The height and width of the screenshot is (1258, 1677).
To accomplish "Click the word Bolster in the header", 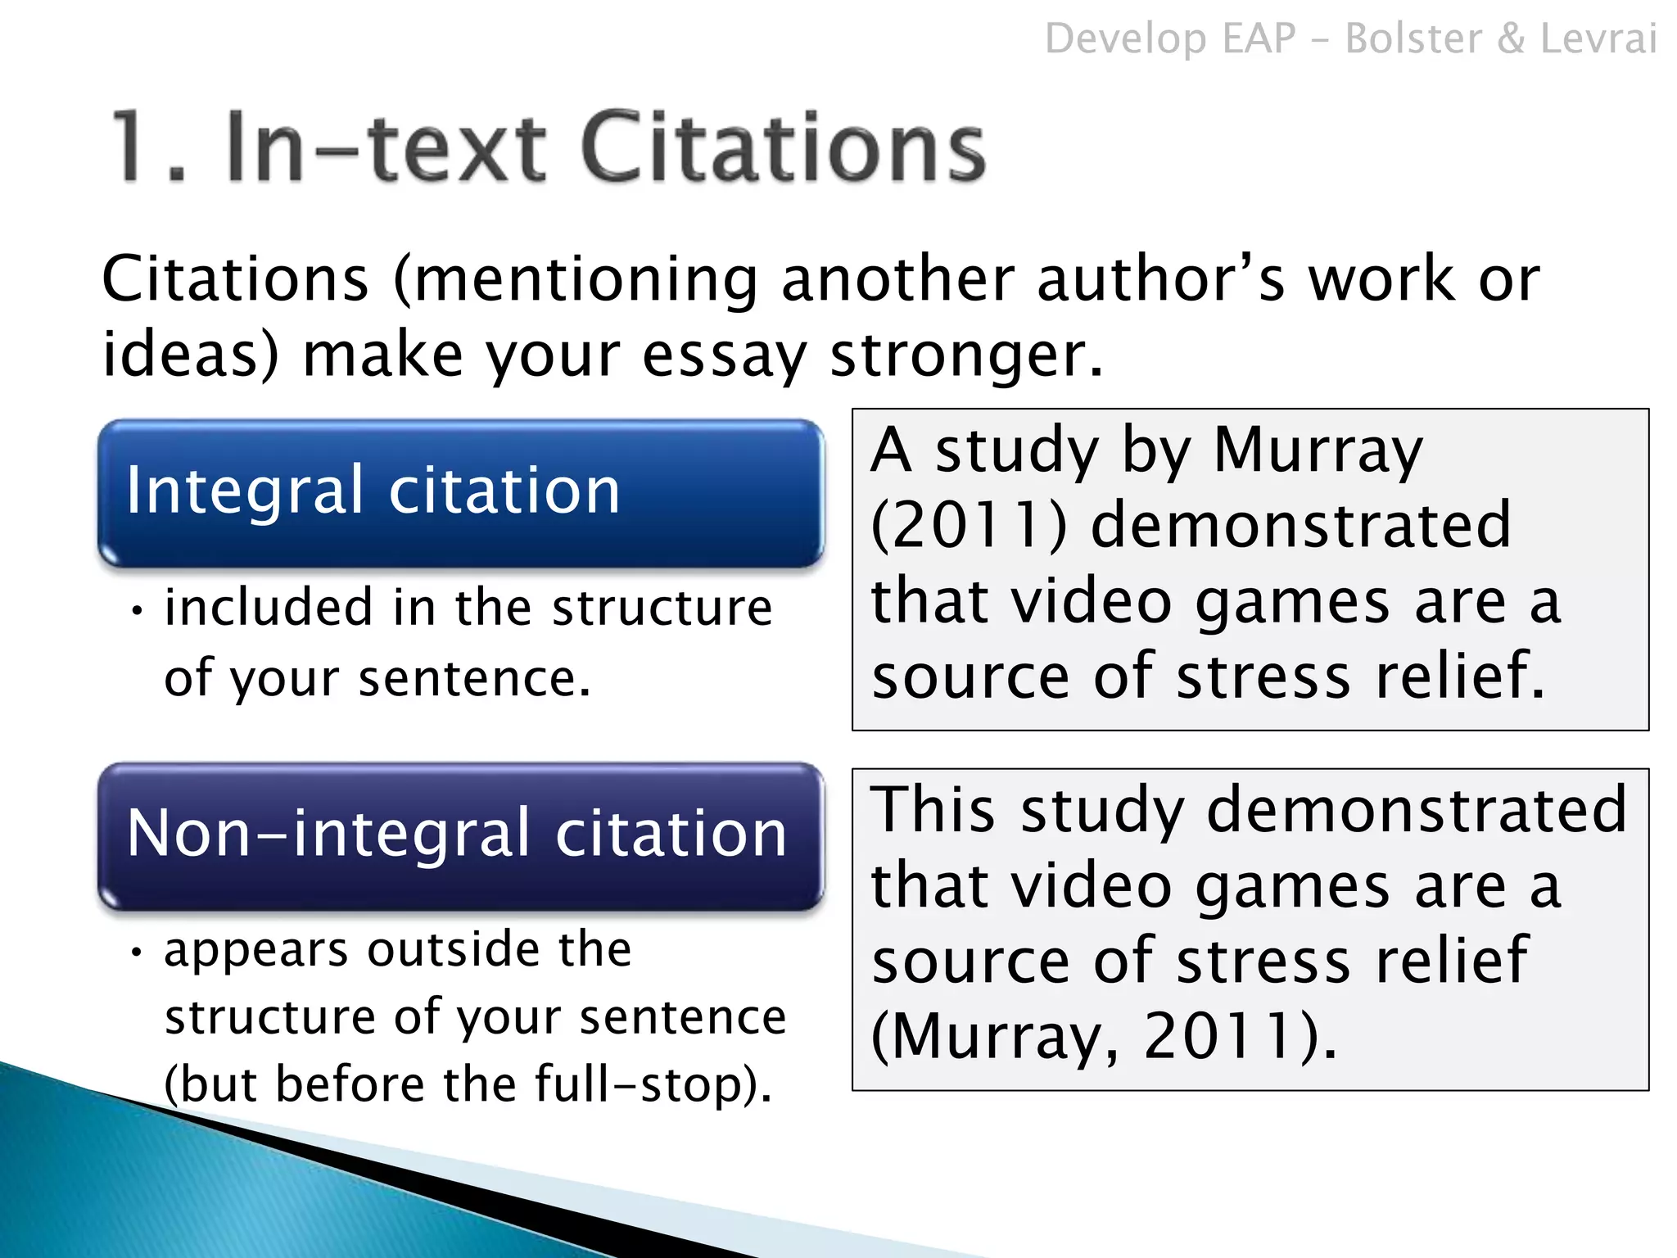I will tap(1413, 38).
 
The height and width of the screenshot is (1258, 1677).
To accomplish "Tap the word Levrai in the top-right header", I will tap(1598, 38).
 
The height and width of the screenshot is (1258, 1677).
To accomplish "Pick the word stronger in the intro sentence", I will tap(966, 356).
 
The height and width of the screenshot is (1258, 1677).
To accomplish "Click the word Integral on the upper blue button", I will tap(244, 491).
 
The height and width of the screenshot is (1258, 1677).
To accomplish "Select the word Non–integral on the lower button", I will tap(331, 834).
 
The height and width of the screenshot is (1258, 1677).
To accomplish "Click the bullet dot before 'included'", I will tap(138, 611).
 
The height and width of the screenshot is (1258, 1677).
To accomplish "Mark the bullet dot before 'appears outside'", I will tap(138, 953).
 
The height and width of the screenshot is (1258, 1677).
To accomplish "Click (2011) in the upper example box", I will tap(969, 525).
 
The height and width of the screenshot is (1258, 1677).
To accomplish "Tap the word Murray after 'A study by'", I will tap(1318, 451).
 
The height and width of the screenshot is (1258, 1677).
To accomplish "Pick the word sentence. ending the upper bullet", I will tap(475, 679).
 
